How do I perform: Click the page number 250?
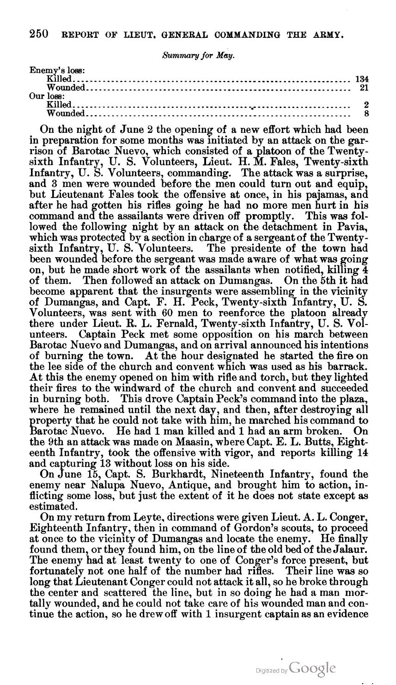(x=39, y=34)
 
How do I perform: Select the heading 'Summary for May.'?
(x=199, y=55)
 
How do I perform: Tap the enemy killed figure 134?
(x=361, y=79)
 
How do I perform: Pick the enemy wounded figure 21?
(x=364, y=88)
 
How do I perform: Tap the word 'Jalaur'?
(x=351, y=549)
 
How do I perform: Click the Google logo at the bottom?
(x=313, y=668)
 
